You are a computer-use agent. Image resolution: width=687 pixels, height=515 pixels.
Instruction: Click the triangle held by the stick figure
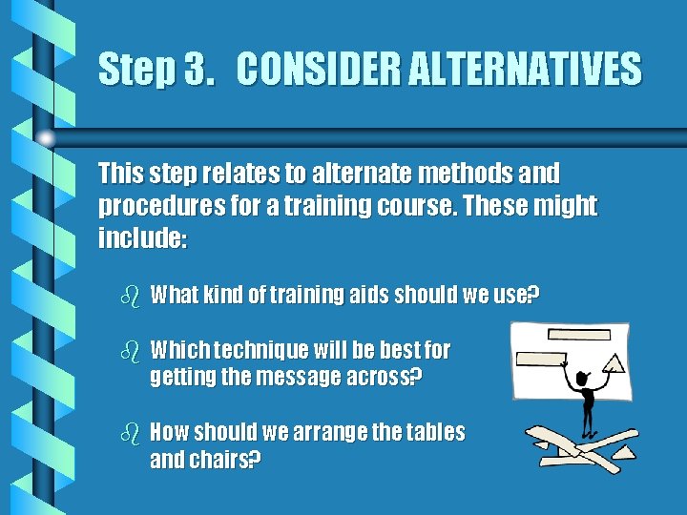tap(615, 362)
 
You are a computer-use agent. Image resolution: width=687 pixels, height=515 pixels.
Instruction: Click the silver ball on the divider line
tap(46, 137)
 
